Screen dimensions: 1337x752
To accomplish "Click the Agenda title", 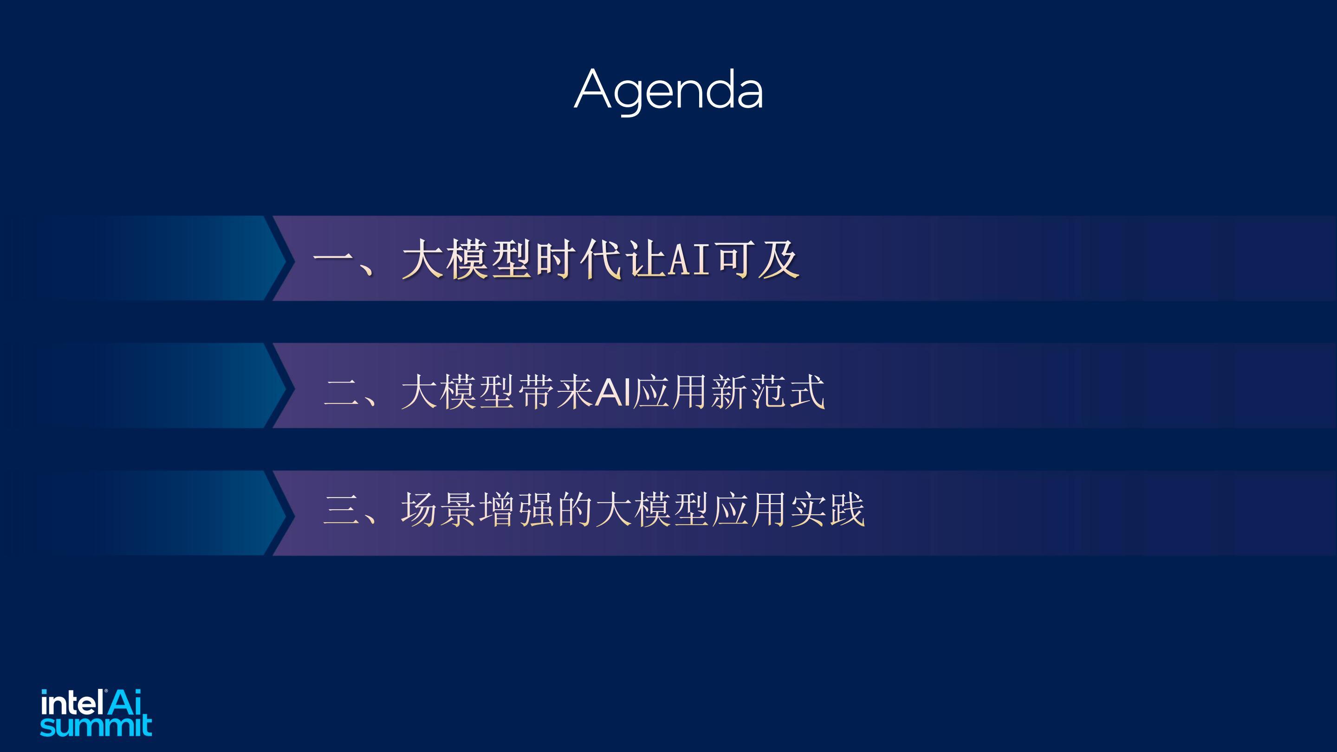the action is pyautogui.click(x=668, y=91).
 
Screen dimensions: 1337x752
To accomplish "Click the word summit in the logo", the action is pyautogui.click(x=96, y=726).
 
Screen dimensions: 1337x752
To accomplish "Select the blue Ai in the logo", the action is pyautogui.click(x=124, y=703).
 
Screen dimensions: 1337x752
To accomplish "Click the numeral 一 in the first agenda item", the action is pyautogui.click(x=333, y=259).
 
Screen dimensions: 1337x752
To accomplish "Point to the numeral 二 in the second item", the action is pyautogui.click(x=340, y=392).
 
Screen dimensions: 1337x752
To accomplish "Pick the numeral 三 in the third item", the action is pyautogui.click(x=340, y=509).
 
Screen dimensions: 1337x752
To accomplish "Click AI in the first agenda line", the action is pyautogui.click(x=689, y=259).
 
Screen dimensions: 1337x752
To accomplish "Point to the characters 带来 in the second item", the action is pyautogui.click(x=556, y=392).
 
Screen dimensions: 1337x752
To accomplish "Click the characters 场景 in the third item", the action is pyautogui.click(x=439, y=509).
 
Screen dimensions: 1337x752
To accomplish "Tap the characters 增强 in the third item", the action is pyautogui.click(x=516, y=509).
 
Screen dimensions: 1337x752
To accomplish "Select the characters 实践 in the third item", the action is pyautogui.click(x=828, y=509).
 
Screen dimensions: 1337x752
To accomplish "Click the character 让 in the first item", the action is pyautogui.click(x=646, y=259).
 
